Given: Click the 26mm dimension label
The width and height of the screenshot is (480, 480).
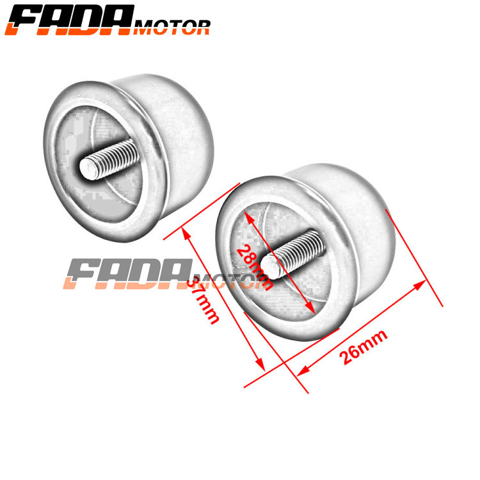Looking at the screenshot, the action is point(364,345).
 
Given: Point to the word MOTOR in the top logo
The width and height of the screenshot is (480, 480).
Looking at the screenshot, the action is point(172,27).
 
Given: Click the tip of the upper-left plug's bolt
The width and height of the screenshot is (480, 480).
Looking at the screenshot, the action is point(86,169).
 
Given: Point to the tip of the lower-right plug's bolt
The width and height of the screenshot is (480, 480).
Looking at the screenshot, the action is point(272,268).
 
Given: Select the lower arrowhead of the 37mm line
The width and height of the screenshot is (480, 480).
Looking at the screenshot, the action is point(261,367).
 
